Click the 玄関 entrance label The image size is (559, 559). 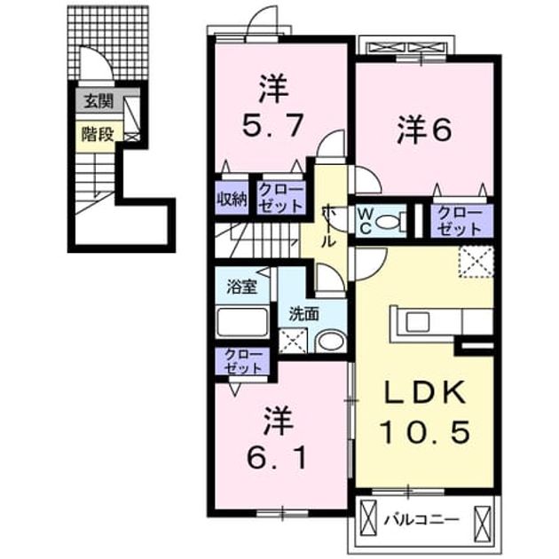(98, 102)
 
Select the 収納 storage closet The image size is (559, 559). (232, 198)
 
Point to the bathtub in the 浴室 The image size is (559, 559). (243, 322)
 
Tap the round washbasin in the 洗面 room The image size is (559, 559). (331, 342)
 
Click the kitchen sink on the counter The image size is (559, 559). (418, 321)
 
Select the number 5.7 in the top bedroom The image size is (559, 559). (273, 125)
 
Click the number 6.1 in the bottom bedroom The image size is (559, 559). (276, 457)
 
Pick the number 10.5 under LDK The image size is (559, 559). (425, 432)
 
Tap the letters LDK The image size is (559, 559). (425, 393)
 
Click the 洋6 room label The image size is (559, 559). (425, 130)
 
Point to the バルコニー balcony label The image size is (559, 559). (421, 520)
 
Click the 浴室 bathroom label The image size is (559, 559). (242, 287)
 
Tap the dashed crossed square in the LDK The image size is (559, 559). (476, 262)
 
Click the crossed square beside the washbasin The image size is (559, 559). (292, 341)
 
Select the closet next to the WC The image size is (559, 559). (461, 221)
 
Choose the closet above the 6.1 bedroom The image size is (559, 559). (242, 361)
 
